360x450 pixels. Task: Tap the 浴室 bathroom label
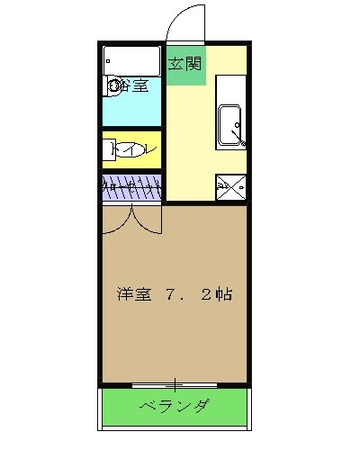click(x=134, y=87)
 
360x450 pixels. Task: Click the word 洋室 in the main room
click(x=133, y=294)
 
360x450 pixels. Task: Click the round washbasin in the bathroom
click(x=115, y=87)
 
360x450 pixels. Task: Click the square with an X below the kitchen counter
click(x=229, y=187)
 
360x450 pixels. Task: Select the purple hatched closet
click(x=131, y=189)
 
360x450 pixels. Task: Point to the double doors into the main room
click(x=131, y=219)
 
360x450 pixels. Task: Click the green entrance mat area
click(x=185, y=65)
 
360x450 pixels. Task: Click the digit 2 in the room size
click(x=210, y=294)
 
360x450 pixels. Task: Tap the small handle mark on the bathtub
click(x=110, y=56)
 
